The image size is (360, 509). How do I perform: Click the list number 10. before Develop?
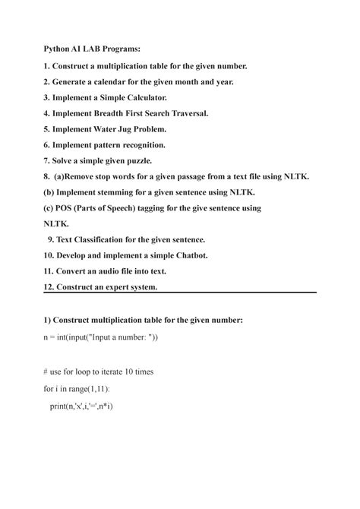click(51, 256)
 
